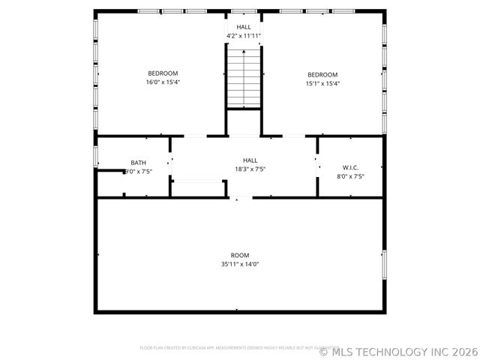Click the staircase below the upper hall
tap(244, 76)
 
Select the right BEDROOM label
tap(322, 74)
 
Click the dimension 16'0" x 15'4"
tap(163, 82)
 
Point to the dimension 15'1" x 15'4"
tap(322, 83)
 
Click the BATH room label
tap(139, 163)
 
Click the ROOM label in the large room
tap(240, 255)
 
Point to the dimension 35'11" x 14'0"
tap(240, 264)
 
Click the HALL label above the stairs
tap(244, 27)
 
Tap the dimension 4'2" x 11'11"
tap(244, 36)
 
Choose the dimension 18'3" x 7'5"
tap(250, 169)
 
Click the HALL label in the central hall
tap(250, 160)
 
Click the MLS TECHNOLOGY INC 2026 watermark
tap(398, 351)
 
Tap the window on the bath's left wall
tap(95, 156)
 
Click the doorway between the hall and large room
tap(241, 197)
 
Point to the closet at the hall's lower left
tap(199, 188)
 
